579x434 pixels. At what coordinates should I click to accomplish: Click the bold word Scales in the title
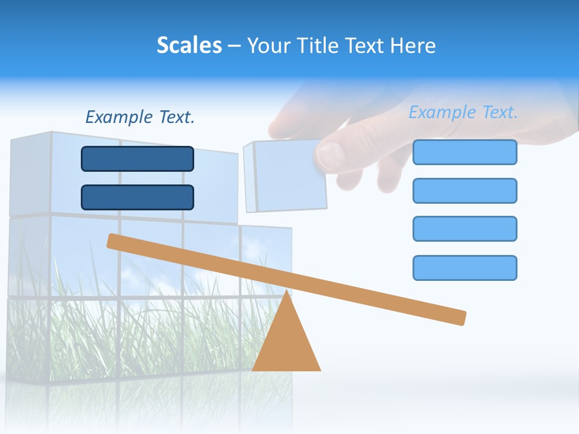click(x=189, y=45)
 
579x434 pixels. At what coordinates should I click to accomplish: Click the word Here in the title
click(x=413, y=45)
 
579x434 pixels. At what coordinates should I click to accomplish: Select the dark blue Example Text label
click(x=140, y=117)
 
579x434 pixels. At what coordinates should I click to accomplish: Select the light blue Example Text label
click(x=463, y=112)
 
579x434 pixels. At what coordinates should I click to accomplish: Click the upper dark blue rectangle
click(x=138, y=159)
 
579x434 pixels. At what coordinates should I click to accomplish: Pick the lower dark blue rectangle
click(x=138, y=197)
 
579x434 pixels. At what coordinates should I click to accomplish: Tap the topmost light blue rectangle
click(x=464, y=152)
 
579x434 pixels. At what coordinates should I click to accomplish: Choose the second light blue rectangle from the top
click(x=464, y=190)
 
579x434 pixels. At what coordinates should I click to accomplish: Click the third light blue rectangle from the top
click(x=464, y=228)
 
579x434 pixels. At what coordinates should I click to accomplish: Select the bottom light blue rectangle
click(x=464, y=268)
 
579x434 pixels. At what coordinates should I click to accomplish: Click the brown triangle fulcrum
click(x=286, y=344)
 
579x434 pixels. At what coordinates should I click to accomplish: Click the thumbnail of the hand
click(x=329, y=156)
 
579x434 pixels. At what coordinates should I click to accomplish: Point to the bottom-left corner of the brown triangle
click(x=253, y=370)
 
